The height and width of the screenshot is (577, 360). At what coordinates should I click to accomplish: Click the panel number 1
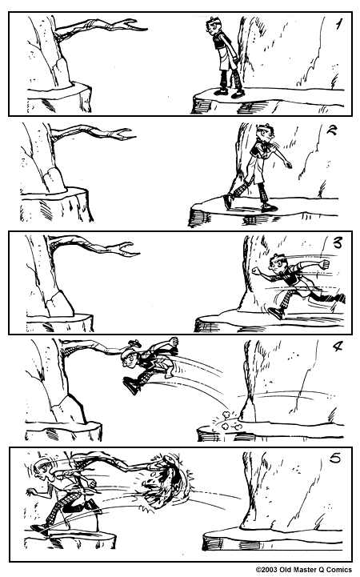tap(338, 24)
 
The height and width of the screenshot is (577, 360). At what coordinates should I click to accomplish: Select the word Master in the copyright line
tap(303, 570)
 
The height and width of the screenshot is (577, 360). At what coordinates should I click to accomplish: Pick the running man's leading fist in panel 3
tap(256, 271)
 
